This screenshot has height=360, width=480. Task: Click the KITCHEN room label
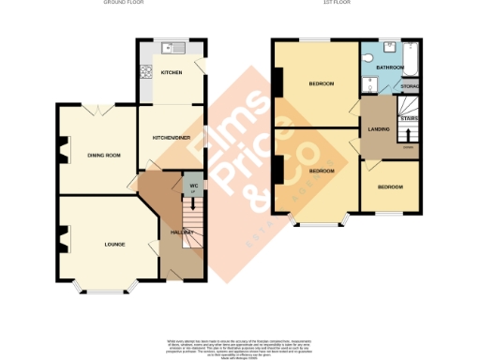pyautogui.click(x=171, y=72)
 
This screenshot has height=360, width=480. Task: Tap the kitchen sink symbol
pyautogui.click(x=171, y=47)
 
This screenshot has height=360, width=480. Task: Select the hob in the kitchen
pyautogui.click(x=145, y=71)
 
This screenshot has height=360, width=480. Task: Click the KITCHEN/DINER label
pyautogui.click(x=172, y=137)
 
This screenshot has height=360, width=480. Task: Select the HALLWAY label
pyautogui.click(x=181, y=232)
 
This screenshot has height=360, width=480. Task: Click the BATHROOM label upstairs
pyautogui.click(x=389, y=67)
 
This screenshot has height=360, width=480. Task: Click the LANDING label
pyautogui.click(x=380, y=128)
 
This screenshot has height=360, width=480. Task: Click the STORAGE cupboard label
pyautogui.click(x=410, y=87)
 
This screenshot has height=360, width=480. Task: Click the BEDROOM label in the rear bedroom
pyautogui.click(x=322, y=84)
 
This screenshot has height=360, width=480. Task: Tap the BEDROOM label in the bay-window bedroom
pyautogui.click(x=322, y=171)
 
